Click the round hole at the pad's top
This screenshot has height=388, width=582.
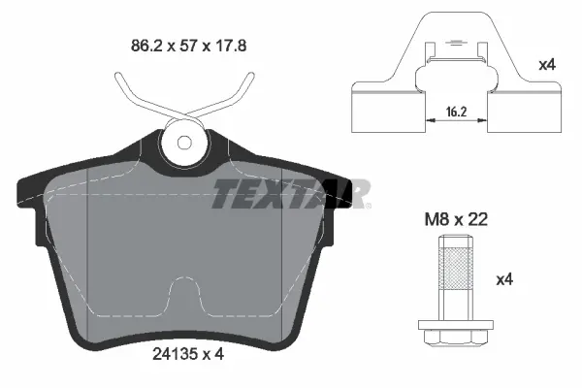(x=184, y=144)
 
